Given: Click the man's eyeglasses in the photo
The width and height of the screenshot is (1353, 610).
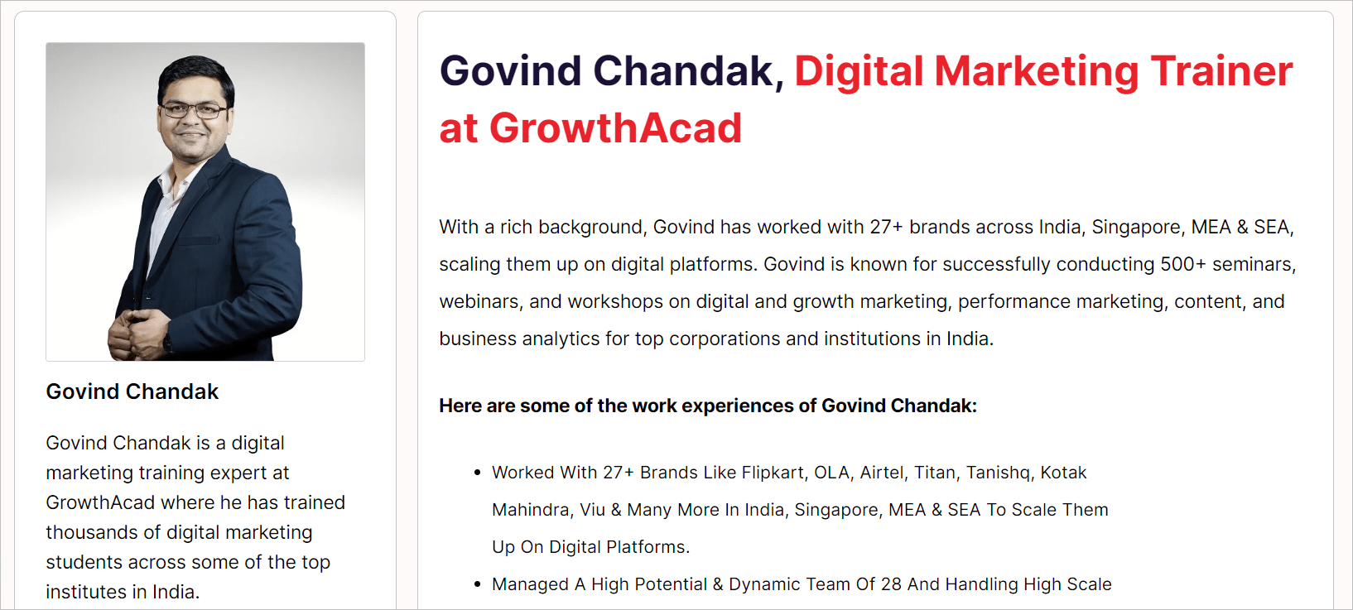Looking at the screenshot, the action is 193,111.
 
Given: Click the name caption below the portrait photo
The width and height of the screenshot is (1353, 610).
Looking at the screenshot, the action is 132,391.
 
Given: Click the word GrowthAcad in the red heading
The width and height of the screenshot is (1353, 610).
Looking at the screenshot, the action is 615,128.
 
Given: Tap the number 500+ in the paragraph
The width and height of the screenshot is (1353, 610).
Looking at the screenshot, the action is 1183,264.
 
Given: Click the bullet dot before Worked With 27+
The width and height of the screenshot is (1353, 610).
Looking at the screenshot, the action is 477,473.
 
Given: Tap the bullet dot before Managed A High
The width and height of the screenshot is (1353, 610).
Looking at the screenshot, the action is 477,584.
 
